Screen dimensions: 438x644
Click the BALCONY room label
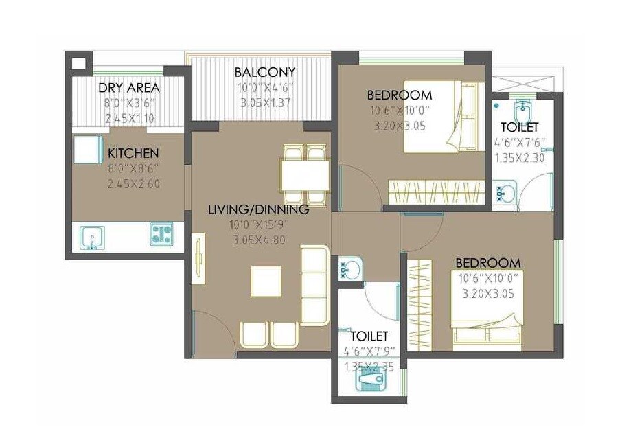tap(264, 72)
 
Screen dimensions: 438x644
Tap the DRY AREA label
tap(129, 88)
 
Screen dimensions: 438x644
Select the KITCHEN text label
tap(133, 153)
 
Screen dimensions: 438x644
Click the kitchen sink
tap(91, 237)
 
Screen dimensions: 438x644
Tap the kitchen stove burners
tap(161, 235)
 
